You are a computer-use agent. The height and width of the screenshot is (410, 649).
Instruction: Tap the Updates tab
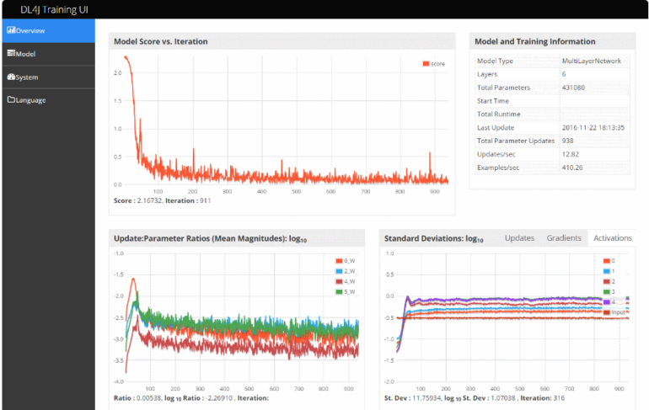tap(519, 238)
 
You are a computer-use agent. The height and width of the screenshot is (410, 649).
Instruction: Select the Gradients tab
tap(564, 238)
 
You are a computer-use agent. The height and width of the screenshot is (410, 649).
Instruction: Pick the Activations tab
tap(612, 238)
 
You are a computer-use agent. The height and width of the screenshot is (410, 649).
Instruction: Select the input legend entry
tap(619, 312)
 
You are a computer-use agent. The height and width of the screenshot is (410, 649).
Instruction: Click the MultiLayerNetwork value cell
tap(593, 61)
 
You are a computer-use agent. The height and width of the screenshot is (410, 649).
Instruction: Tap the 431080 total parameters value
tap(577, 88)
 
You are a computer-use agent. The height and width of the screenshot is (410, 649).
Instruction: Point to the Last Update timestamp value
tap(593, 127)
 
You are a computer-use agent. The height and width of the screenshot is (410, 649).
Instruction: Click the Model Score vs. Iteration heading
tap(161, 41)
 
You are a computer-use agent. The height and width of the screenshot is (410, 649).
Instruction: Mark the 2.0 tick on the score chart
tap(118, 73)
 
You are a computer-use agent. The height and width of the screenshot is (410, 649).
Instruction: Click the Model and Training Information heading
tap(534, 41)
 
